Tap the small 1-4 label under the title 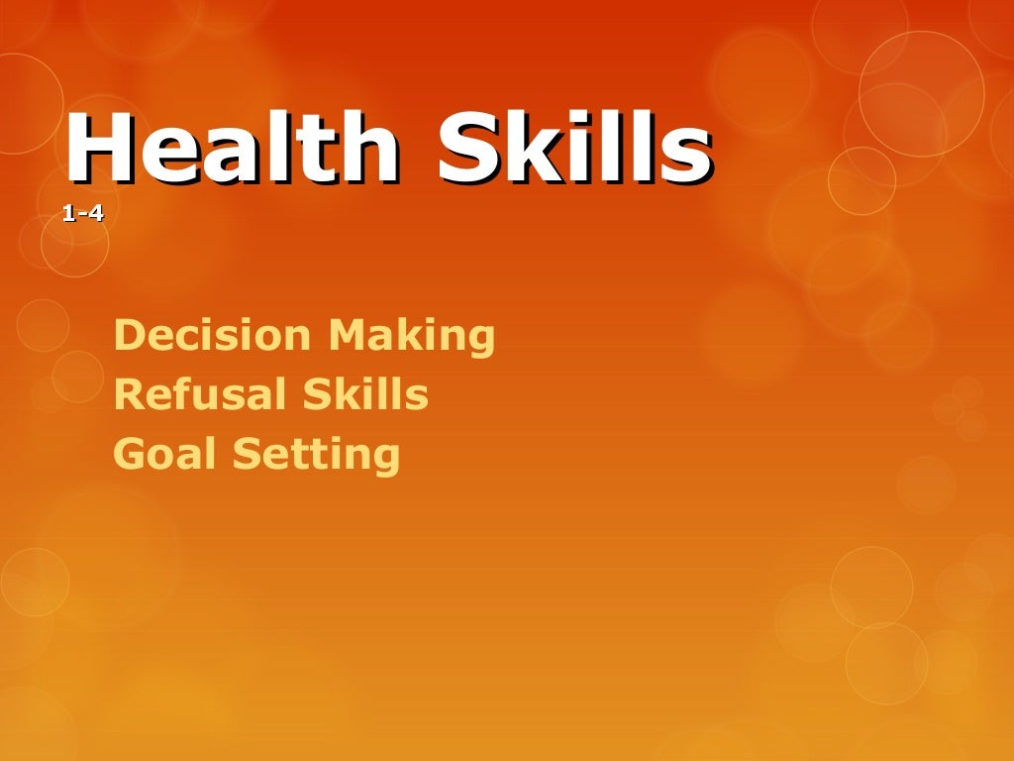tap(82, 211)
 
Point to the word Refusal tap(186, 395)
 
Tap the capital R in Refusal tap(127, 395)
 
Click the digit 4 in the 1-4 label tap(96, 211)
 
